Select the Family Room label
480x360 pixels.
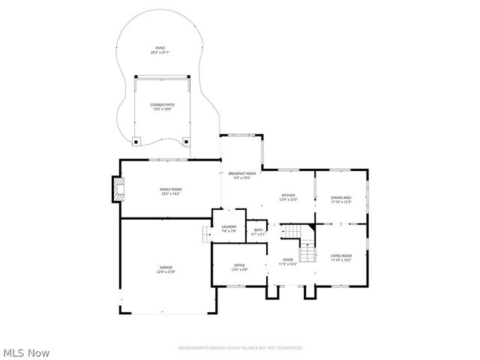[x=170, y=189]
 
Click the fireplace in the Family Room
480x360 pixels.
[x=116, y=190]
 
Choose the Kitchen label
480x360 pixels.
[x=289, y=195]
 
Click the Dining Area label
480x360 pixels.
[x=341, y=196]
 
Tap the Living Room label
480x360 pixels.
[x=341, y=256]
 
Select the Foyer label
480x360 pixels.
[x=288, y=259]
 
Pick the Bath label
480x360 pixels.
[x=258, y=230]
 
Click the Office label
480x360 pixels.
[x=240, y=265]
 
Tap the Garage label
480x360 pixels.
[x=165, y=267]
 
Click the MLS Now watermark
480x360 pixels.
[x=26, y=352]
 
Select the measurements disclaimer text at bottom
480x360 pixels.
[x=240, y=348]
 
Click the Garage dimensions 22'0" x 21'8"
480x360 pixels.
[x=165, y=271]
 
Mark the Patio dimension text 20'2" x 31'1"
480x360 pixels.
[x=160, y=52]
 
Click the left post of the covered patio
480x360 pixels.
[x=136, y=139]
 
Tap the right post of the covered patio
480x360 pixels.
[x=186, y=139]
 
